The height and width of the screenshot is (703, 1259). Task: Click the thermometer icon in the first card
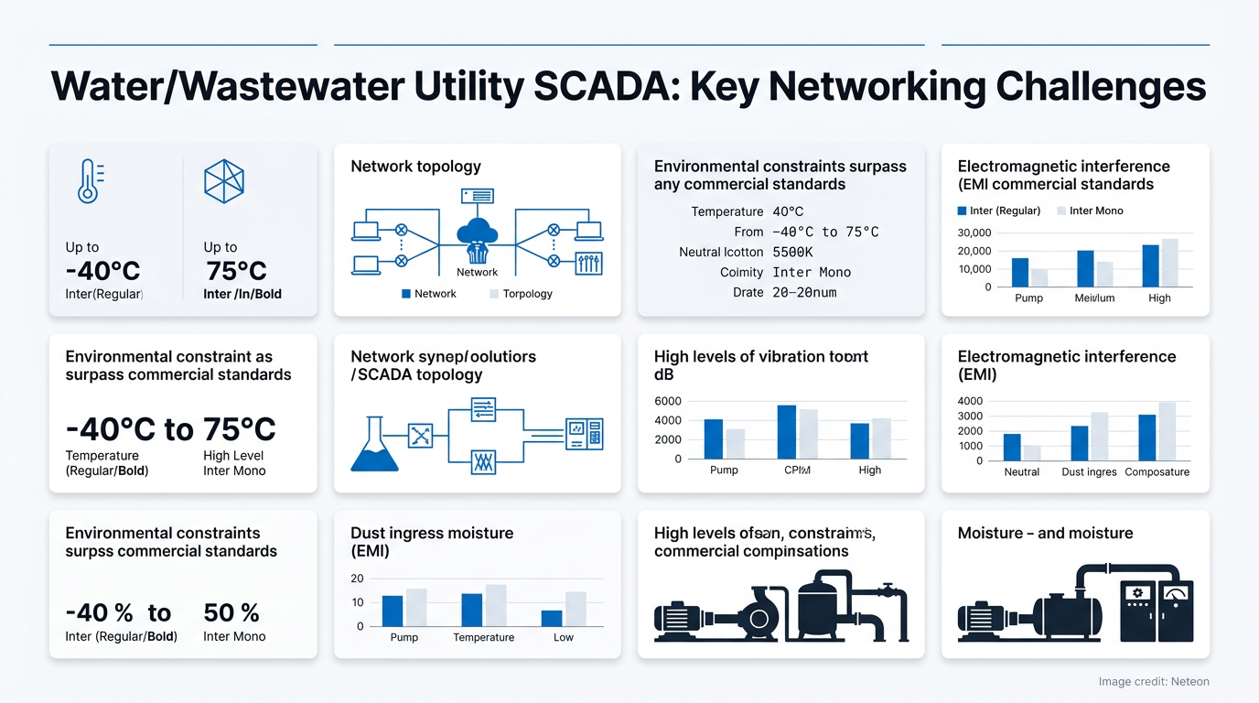[x=87, y=180]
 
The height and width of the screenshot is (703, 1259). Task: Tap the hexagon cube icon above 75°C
[x=223, y=180]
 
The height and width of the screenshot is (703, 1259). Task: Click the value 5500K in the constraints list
[x=792, y=252]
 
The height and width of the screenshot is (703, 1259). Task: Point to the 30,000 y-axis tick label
[x=974, y=233]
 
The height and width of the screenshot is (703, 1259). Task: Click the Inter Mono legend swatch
[x=1061, y=211]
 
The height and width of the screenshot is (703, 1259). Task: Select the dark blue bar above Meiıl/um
[x=1085, y=268]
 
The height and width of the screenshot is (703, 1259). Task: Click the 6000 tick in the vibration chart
[x=669, y=401]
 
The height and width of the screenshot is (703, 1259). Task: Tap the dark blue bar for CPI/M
[x=786, y=431]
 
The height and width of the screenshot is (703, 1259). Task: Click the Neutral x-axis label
[x=1021, y=472]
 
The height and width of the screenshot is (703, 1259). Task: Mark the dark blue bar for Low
[x=552, y=618]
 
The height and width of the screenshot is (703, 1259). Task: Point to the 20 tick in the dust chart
[x=357, y=579]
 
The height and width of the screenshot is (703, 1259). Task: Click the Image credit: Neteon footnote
[x=1153, y=682]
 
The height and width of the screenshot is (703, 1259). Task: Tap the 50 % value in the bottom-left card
[x=231, y=612]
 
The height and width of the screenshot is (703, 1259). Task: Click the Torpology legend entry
[x=527, y=294]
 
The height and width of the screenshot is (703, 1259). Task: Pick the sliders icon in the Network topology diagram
[x=589, y=264]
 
